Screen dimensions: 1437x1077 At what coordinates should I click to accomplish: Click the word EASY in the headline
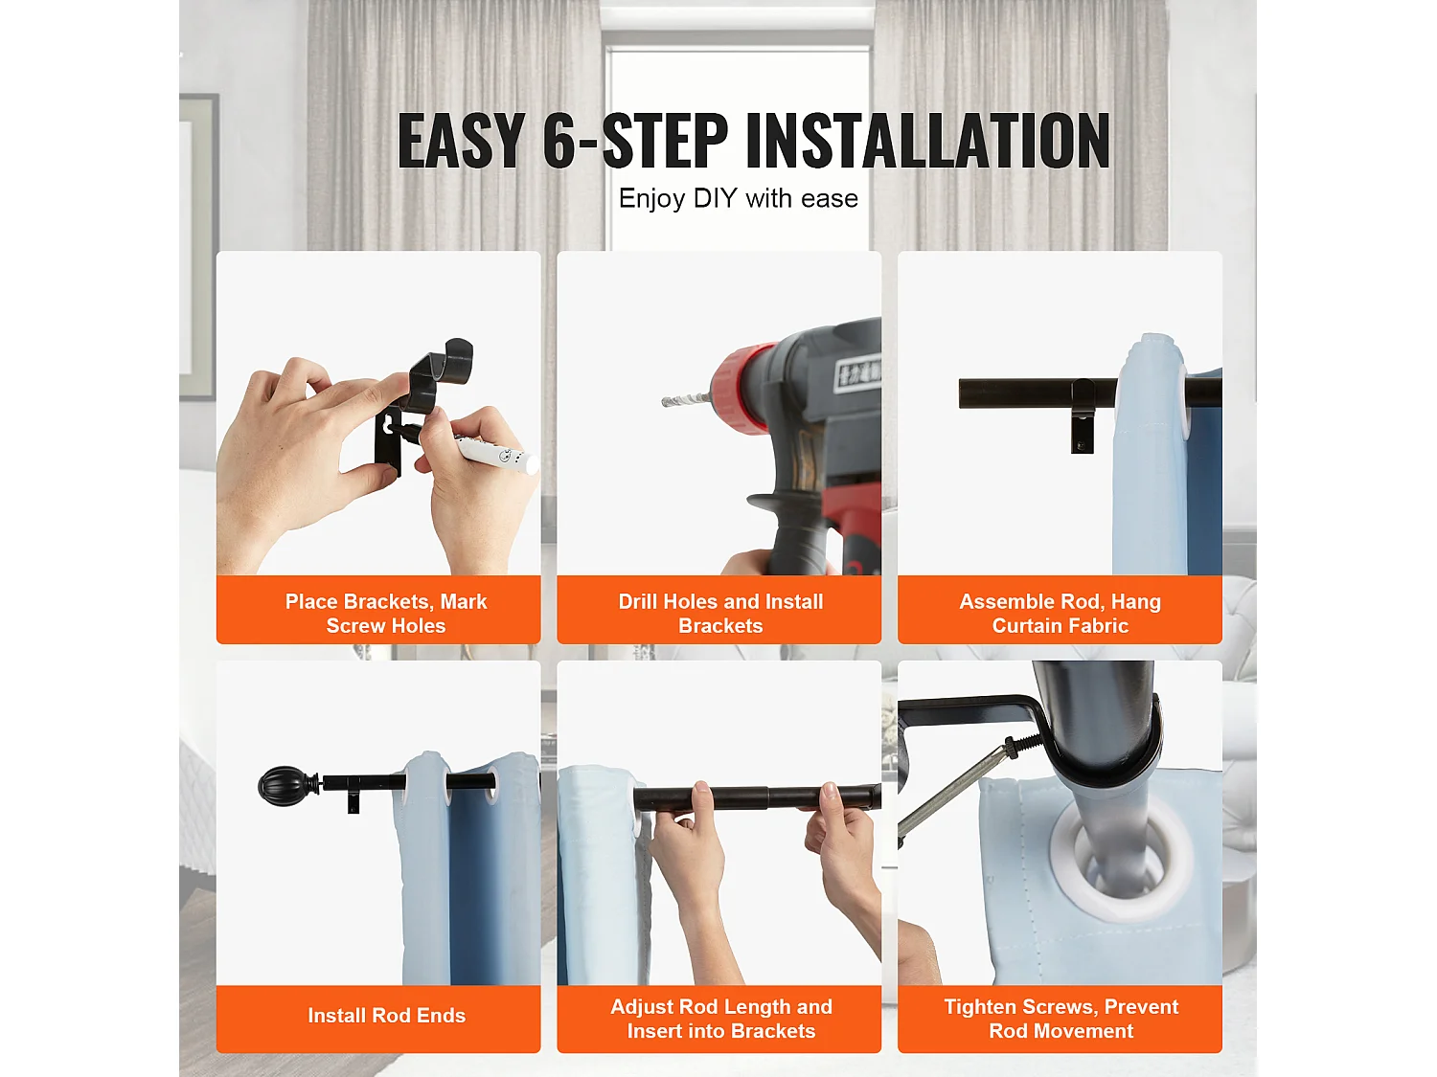click(461, 140)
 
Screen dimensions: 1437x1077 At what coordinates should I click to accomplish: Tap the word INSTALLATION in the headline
click(927, 140)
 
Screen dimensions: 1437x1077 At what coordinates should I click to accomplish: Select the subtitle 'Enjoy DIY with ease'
click(738, 198)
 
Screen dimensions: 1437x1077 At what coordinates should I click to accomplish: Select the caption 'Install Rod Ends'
click(386, 1015)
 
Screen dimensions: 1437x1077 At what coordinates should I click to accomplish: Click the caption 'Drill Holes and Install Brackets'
click(720, 614)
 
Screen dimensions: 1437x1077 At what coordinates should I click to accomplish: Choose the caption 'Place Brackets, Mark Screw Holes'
click(386, 614)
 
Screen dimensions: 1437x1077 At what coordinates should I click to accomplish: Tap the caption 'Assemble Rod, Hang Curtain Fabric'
click(1060, 614)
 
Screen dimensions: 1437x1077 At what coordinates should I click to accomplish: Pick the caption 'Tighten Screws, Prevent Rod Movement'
click(1061, 1019)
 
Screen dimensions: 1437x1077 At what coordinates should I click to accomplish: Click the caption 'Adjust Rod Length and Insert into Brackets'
click(720, 1019)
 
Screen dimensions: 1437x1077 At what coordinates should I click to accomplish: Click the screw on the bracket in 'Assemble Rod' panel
click(1081, 445)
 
